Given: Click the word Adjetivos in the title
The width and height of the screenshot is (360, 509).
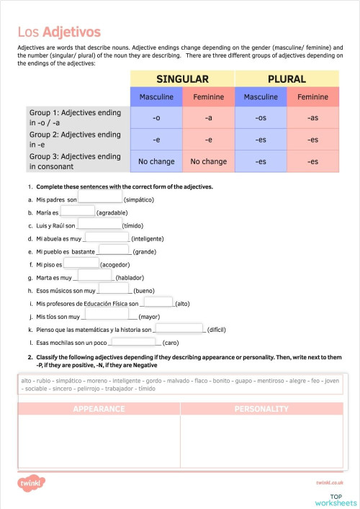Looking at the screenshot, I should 71,32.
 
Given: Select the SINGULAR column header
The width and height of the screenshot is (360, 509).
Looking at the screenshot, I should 182,79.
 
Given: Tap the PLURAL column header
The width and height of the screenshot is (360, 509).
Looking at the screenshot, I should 286,79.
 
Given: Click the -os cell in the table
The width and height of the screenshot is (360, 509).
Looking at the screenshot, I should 261,117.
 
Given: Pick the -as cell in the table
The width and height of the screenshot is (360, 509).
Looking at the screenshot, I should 312,117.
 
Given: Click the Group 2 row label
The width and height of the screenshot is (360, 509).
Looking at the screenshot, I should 75,139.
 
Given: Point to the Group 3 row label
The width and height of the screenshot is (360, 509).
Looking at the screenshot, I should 75,161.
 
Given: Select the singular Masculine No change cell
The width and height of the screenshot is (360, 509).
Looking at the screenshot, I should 156,161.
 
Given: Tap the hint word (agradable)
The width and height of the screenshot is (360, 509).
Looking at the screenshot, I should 112,212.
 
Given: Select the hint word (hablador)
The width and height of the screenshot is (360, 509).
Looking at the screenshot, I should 130,277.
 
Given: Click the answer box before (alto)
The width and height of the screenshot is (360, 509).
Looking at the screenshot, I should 163,302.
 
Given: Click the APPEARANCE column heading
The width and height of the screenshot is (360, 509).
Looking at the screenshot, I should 99,409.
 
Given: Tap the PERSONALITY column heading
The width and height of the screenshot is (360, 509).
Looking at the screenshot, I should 261,409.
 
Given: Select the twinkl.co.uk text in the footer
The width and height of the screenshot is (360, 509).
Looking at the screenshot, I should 329,483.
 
